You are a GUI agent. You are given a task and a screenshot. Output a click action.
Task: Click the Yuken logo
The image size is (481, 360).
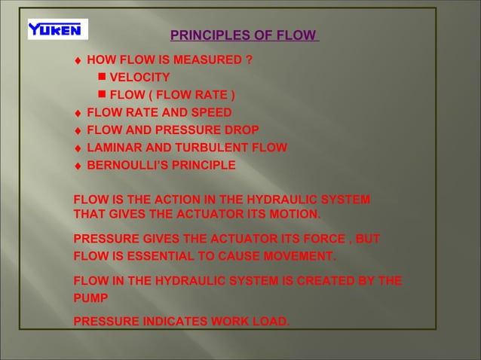coord(57,29)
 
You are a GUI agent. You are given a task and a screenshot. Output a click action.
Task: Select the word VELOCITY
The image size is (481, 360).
coord(139,78)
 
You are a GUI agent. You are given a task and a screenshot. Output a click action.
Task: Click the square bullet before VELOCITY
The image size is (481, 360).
coord(102,77)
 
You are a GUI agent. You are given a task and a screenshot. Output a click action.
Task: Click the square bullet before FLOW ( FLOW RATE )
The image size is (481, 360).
coord(102,94)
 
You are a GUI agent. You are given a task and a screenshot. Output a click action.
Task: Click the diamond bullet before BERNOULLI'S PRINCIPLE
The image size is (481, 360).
coord(78,166)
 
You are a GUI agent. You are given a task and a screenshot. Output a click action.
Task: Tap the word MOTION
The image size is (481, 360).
coord(295,215)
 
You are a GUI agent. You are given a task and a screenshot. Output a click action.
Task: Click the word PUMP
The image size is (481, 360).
coord(90,298)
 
